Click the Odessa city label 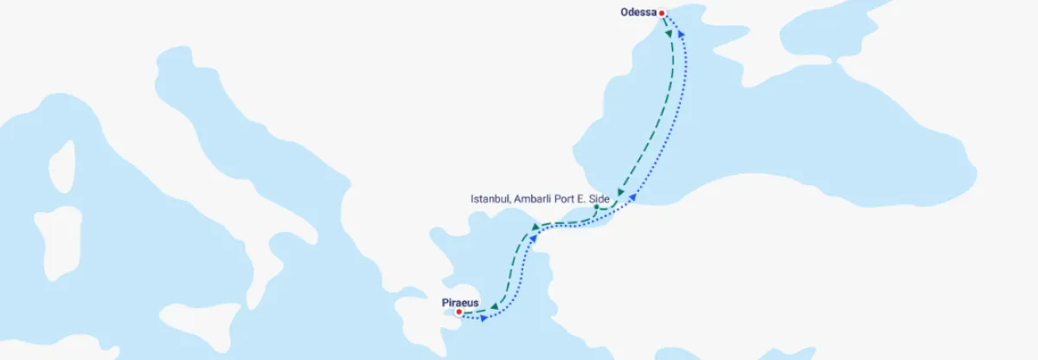click(x=638, y=12)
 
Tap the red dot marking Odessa click(x=662, y=13)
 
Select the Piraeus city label click(x=461, y=302)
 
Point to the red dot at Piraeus click(x=459, y=312)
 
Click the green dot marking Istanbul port click(x=596, y=207)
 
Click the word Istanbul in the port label click(x=489, y=199)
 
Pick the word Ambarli click(x=533, y=199)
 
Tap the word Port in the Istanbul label click(x=567, y=199)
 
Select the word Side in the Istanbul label click(x=601, y=199)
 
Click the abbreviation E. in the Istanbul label click(x=585, y=199)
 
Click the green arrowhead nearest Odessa click(x=670, y=33)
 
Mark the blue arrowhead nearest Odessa click(x=679, y=33)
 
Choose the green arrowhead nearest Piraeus click(x=493, y=307)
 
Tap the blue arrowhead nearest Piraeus click(x=483, y=318)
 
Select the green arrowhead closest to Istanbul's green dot click(x=620, y=193)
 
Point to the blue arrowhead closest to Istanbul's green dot click(x=632, y=198)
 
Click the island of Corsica click(x=61, y=164)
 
